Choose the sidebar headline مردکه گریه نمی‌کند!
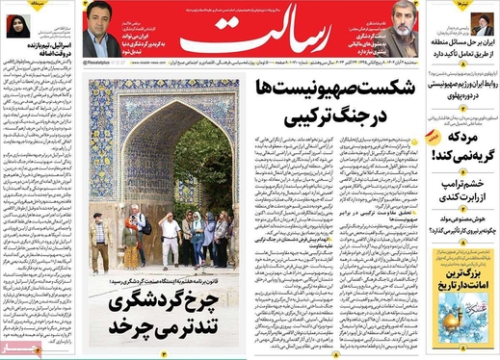pyautogui.click(x=462, y=145)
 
